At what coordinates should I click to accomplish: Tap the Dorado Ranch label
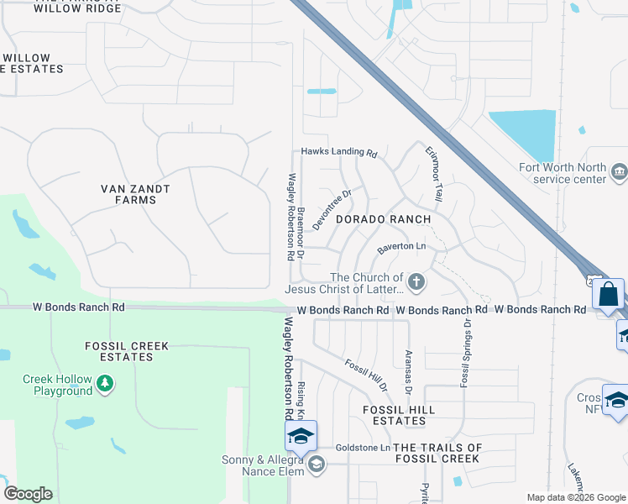[x=383, y=219]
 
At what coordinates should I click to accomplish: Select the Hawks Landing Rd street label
[x=339, y=153]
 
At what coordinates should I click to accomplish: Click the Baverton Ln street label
[x=401, y=247]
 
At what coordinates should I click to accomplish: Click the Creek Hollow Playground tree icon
[x=104, y=385]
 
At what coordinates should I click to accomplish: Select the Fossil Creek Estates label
[x=127, y=351]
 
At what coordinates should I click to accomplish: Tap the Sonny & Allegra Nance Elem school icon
[x=316, y=465]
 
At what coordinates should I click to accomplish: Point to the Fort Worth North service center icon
[x=619, y=172]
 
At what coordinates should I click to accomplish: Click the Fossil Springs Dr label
[x=463, y=354]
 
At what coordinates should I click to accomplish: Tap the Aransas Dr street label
[x=409, y=372]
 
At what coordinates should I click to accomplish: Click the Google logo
[x=28, y=494]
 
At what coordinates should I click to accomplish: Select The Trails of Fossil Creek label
[x=437, y=453]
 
